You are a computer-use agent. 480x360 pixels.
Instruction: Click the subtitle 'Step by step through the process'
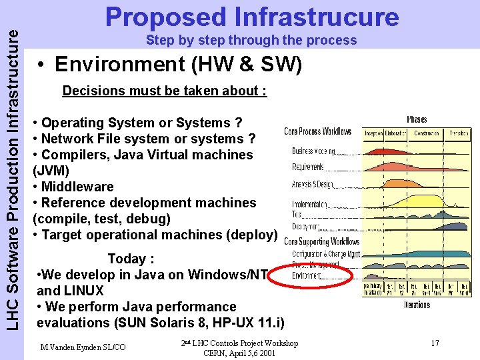click(x=251, y=40)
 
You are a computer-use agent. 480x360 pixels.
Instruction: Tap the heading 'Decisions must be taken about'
click(x=164, y=91)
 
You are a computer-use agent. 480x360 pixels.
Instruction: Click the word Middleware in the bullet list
click(x=77, y=187)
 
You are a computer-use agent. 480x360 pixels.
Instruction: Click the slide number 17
click(x=435, y=343)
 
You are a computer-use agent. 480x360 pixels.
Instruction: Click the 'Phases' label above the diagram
click(x=417, y=120)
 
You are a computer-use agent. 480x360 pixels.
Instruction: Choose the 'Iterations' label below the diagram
click(x=417, y=305)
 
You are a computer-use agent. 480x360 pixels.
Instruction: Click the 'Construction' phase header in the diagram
click(x=426, y=133)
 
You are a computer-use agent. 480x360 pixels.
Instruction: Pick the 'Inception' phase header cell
click(x=373, y=133)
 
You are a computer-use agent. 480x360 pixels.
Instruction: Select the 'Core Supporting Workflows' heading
click(x=322, y=241)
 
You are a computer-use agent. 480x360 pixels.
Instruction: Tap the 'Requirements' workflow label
click(x=308, y=167)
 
